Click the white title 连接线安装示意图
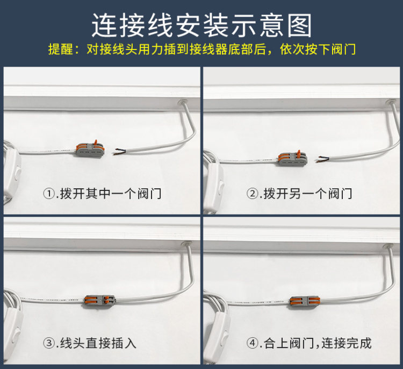point(201,25)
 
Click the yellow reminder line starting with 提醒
point(202,49)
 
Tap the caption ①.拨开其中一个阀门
point(102,194)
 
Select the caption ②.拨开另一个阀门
point(299,194)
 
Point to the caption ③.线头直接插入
point(89,343)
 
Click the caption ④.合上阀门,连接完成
point(308,343)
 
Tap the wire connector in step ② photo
point(292,158)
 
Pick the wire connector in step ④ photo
point(304,302)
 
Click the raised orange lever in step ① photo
point(96,143)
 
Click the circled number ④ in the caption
point(252,343)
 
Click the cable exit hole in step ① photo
point(183,103)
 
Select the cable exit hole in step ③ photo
point(186,244)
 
